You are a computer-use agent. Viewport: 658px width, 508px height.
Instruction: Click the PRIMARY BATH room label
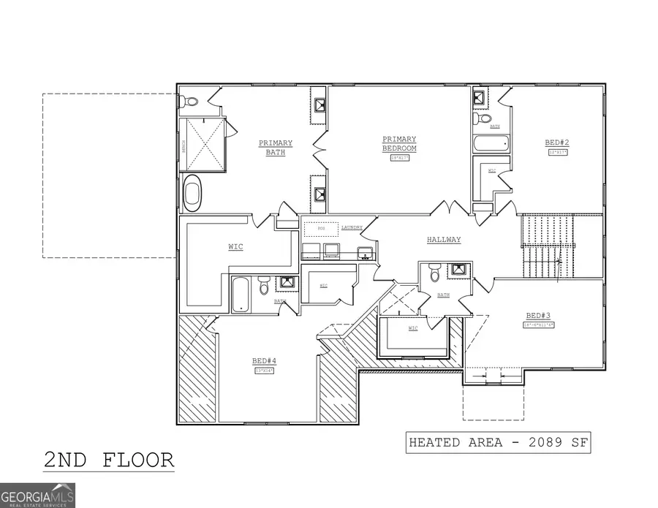pos(275,148)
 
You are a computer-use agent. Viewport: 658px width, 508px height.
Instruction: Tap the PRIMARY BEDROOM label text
pos(398,143)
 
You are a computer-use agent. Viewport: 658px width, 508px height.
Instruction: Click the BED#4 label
pos(264,361)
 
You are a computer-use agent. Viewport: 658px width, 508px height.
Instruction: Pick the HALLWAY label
pos(444,240)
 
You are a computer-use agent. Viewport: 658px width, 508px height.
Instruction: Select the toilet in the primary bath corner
pos(189,101)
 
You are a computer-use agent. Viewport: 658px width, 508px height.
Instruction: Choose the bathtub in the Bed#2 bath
pos(491,142)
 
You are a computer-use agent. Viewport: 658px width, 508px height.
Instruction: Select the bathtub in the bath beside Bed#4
pos(241,295)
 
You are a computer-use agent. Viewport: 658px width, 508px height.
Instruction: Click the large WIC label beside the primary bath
pos(235,247)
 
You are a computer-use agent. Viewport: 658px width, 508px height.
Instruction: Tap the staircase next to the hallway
pos(547,247)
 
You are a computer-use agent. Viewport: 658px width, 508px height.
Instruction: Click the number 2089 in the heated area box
pos(536,443)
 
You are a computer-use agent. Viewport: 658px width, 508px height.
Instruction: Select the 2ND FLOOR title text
pos(109,460)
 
